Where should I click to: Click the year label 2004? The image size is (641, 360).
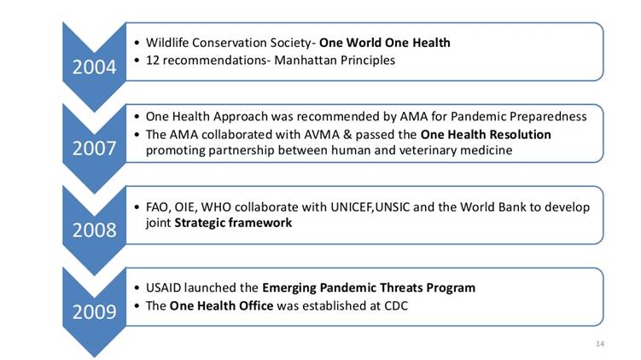tap(95, 67)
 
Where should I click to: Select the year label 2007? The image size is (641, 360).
tap(95, 148)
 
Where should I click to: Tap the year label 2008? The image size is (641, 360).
tap(95, 230)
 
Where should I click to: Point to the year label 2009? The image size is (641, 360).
tap(95, 311)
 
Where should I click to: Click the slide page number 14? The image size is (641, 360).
tap(600, 344)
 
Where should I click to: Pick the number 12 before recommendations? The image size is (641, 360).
tap(153, 61)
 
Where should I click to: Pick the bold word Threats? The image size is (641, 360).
tap(401, 287)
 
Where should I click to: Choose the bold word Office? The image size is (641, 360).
tap(256, 306)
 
